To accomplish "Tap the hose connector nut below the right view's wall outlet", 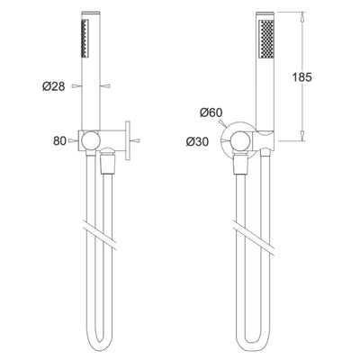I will point(241,163).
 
